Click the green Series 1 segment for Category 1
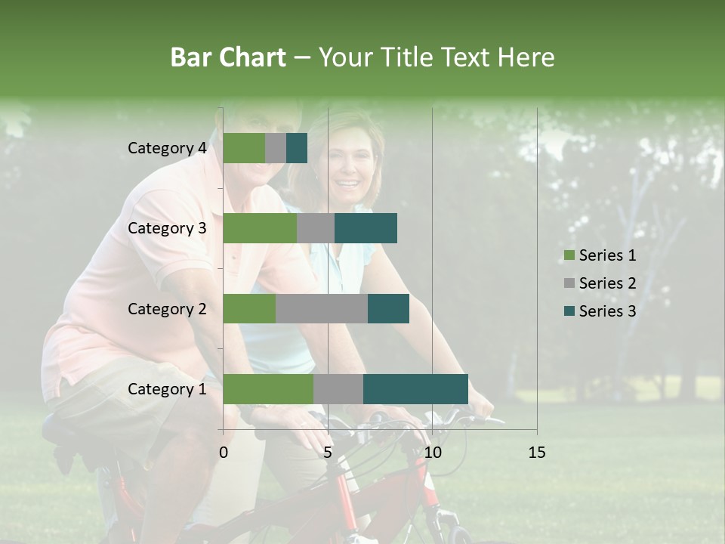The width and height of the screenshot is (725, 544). pyautogui.click(x=268, y=389)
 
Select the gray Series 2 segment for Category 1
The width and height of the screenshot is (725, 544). pyautogui.click(x=338, y=389)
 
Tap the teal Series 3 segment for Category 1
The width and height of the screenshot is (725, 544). pyautogui.click(x=415, y=389)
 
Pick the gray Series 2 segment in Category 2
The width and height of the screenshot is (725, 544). pyautogui.click(x=322, y=308)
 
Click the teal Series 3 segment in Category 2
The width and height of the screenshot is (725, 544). pyautogui.click(x=388, y=308)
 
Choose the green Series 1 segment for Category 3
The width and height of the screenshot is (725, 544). pyautogui.click(x=260, y=228)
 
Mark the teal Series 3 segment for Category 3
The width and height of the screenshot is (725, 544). pyautogui.click(x=366, y=228)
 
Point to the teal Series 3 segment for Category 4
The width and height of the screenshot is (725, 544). pyautogui.click(x=297, y=148)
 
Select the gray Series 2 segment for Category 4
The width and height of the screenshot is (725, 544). pyautogui.click(x=276, y=148)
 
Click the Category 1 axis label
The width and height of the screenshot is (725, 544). pyautogui.click(x=167, y=389)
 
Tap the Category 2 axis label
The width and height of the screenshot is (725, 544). pyautogui.click(x=167, y=308)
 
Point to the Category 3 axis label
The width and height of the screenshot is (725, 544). pyautogui.click(x=167, y=228)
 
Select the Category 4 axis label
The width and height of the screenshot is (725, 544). pyautogui.click(x=167, y=148)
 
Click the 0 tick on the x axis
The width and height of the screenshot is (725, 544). pyautogui.click(x=224, y=453)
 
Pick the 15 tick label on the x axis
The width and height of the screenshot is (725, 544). pyautogui.click(x=536, y=453)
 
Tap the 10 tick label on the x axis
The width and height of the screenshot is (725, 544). pyautogui.click(x=432, y=453)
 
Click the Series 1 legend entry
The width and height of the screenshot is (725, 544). pyautogui.click(x=600, y=255)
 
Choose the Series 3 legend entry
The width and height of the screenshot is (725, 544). pyautogui.click(x=600, y=311)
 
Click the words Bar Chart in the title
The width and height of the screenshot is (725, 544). pyautogui.click(x=228, y=57)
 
